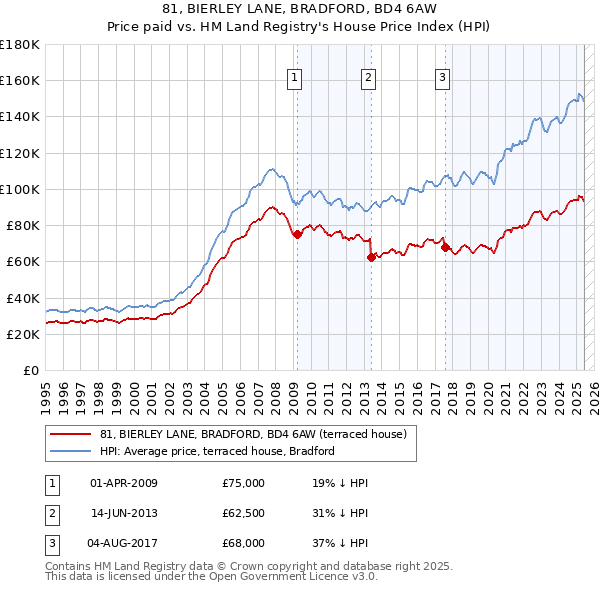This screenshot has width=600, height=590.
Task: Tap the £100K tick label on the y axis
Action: pyautogui.click(x=20, y=189)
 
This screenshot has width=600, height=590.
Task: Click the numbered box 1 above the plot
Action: pyautogui.click(x=296, y=79)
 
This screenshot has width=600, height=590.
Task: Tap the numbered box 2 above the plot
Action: pyautogui.click(x=369, y=79)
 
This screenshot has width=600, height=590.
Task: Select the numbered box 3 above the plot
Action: pyautogui.click(x=442, y=79)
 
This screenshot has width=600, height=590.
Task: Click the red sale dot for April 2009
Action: pyautogui.click(x=297, y=234)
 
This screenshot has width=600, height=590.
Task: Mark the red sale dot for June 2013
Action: pyautogui.click(x=371, y=257)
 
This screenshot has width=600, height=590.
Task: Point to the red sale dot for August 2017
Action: pyautogui.click(x=445, y=247)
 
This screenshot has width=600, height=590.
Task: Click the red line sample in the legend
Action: pyautogui.click(x=71, y=434)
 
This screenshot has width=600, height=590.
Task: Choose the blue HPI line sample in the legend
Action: pyautogui.click(x=71, y=451)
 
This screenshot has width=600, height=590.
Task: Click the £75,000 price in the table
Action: pyautogui.click(x=244, y=483)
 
